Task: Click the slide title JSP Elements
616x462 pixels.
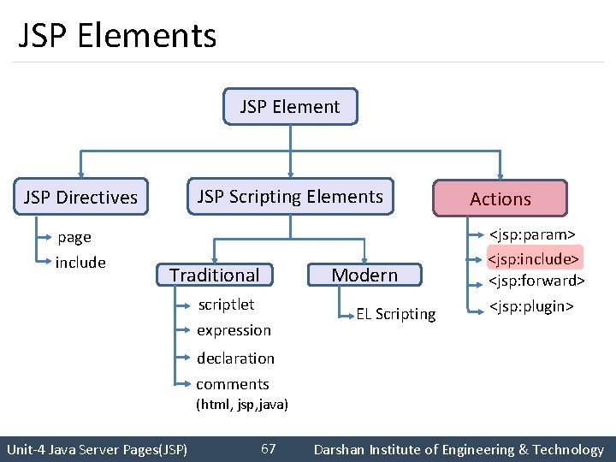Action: pos(117,36)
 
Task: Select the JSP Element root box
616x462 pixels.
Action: pos(290,107)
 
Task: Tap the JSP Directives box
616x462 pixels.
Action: pos(81,198)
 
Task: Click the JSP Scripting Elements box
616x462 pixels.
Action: pos(290,197)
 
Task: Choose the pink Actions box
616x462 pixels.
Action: pos(500,198)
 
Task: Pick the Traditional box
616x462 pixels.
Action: pos(214,275)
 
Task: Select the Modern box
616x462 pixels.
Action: pos(364,275)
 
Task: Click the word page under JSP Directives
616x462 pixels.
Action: pos(74,237)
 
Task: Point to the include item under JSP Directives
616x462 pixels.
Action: pos(80,263)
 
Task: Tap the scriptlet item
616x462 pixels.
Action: pos(226,305)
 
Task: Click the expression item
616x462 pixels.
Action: pos(234,330)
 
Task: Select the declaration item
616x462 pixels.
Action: pos(235,358)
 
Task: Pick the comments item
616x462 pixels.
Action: pos(233,384)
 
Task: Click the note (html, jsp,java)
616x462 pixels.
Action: pos(242,404)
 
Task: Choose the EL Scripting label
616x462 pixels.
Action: pos(396,314)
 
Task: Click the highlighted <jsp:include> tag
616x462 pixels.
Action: pos(535,258)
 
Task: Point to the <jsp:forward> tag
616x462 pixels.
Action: pos(536,281)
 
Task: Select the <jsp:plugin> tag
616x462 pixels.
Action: pos(530,306)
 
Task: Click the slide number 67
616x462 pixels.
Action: pos(268,449)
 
